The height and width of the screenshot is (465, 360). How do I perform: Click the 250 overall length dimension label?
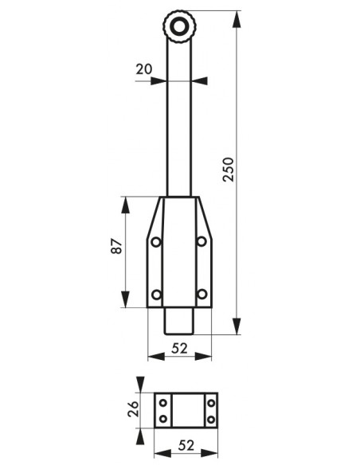coord(229,170)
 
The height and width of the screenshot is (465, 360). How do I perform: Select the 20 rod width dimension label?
coord(144,69)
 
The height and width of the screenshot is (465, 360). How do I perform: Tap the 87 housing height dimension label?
coord(116,246)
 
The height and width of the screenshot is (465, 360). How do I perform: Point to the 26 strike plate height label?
coord(133,409)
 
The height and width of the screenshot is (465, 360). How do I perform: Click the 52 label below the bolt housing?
coord(180,348)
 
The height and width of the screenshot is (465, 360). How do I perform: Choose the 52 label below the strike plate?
coord(186,445)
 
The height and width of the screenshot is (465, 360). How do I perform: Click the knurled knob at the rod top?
coord(179,27)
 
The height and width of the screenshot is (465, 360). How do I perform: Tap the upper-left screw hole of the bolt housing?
coord(156,242)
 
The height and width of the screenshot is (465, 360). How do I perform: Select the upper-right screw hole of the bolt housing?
coord(202,241)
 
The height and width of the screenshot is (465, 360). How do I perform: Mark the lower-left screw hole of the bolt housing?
coord(156,295)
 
